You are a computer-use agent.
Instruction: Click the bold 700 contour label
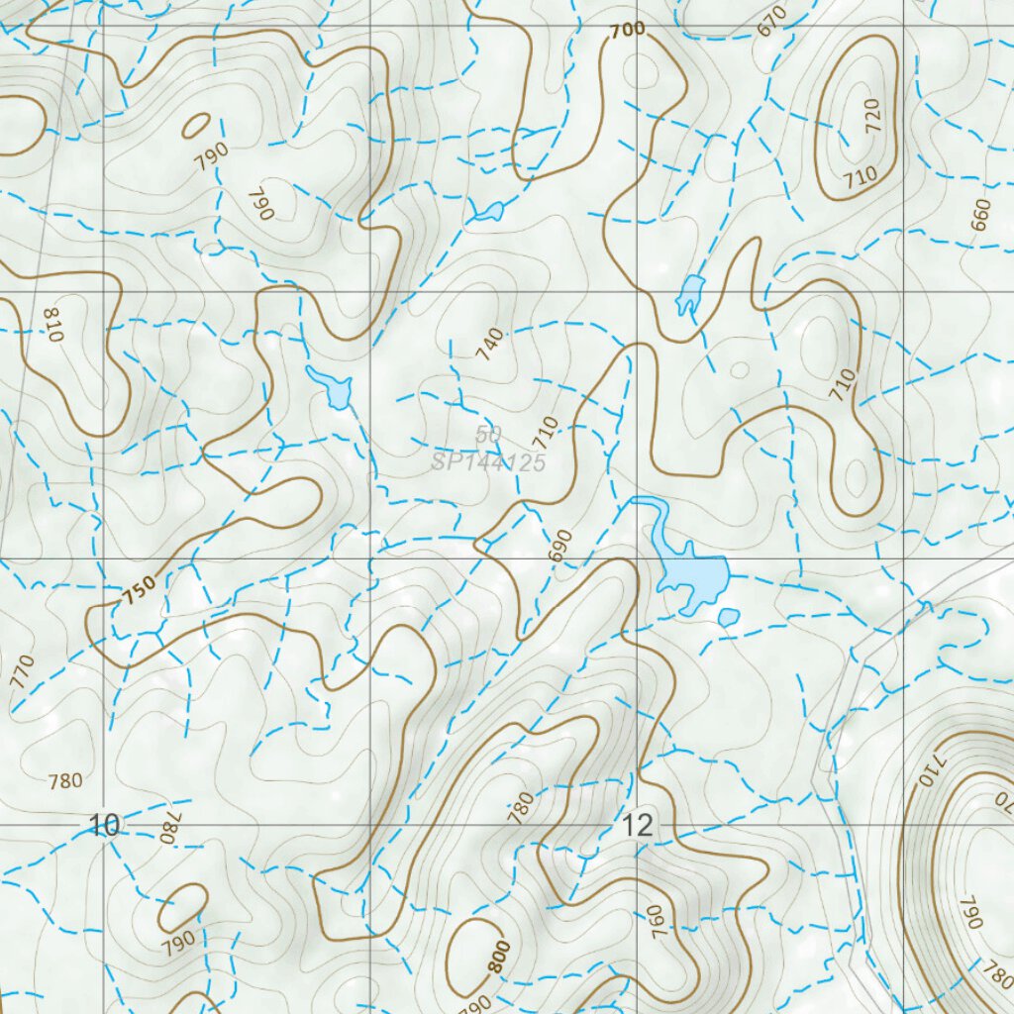click(628, 31)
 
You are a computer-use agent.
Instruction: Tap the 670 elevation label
click(772, 20)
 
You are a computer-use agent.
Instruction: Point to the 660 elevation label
click(980, 215)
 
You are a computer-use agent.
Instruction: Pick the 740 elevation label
click(490, 344)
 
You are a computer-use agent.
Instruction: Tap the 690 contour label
click(561, 546)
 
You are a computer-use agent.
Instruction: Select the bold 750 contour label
click(140, 592)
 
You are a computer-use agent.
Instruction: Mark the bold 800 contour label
click(499, 958)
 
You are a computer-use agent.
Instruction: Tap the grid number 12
click(639, 825)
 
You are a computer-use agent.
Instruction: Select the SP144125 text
click(488, 461)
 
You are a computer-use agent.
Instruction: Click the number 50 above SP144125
click(487, 435)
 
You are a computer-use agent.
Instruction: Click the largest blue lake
click(692, 574)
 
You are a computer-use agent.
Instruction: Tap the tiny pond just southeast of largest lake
click(729, 618)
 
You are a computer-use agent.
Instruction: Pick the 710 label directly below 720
click(861, 177)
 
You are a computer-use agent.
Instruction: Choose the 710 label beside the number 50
click(545, 432)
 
